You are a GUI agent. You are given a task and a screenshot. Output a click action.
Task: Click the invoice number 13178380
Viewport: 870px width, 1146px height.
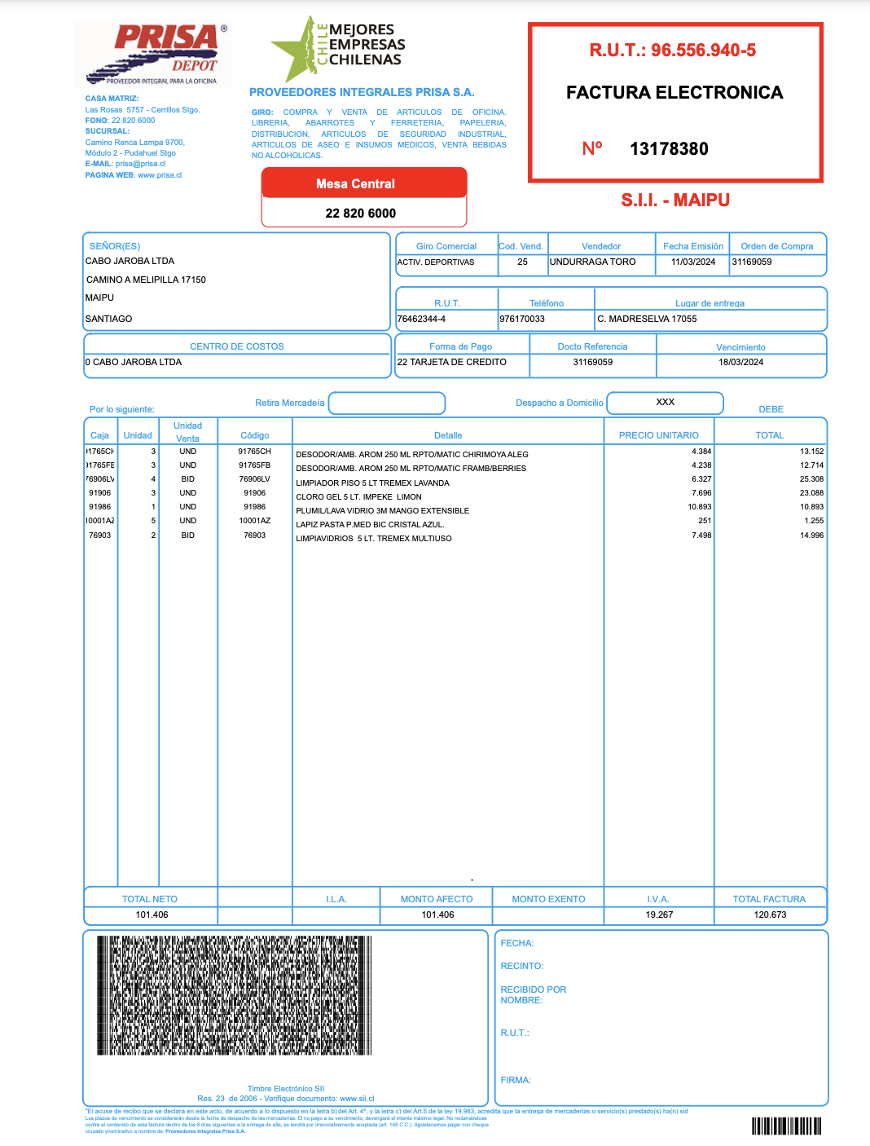669,149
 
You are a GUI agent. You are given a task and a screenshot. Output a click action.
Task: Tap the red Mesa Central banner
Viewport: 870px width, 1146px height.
356,183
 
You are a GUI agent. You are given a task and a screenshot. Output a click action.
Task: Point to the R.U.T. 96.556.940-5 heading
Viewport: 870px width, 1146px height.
673,51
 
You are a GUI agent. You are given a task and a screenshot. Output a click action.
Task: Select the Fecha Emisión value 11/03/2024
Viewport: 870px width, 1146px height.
693,262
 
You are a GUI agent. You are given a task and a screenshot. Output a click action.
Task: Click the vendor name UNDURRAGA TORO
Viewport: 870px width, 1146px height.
592,262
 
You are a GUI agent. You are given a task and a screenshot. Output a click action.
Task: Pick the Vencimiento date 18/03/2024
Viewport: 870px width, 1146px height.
740,363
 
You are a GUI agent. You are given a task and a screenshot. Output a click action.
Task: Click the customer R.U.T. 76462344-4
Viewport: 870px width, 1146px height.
421,320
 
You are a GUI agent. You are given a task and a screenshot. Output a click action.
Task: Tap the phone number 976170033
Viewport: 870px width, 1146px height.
522,320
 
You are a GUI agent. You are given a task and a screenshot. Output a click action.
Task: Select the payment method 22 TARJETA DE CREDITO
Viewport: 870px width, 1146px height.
452,363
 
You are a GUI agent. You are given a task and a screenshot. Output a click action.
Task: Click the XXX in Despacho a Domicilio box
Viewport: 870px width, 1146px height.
666,403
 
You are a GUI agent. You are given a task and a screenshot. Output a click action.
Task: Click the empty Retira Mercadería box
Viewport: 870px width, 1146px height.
387,403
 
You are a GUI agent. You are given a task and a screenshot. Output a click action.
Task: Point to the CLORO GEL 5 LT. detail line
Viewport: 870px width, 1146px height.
359,497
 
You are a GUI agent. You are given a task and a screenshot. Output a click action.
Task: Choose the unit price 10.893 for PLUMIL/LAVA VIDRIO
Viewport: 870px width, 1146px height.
700,507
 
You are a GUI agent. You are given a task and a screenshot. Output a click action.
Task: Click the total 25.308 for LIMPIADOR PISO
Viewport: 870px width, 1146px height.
811,479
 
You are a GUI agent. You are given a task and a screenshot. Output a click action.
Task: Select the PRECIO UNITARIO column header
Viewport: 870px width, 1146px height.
658,435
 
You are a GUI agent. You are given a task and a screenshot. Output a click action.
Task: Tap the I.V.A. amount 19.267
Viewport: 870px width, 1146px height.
659,915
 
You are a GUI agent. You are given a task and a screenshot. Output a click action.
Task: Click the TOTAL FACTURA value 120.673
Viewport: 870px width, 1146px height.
770,915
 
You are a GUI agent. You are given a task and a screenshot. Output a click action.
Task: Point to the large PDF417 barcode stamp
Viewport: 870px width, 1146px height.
235,995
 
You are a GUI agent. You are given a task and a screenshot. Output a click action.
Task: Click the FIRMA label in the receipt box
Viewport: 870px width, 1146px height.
516,1081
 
